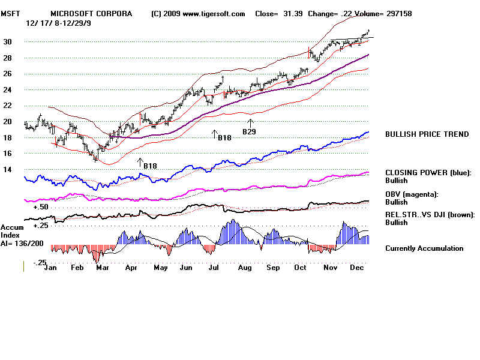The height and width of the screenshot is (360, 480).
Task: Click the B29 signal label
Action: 249,131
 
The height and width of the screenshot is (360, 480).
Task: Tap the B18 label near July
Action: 224,138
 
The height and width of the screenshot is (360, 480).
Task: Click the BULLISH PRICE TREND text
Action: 427,134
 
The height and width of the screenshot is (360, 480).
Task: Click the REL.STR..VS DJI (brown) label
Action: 430,214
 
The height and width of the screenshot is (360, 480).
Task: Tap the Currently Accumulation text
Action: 424,248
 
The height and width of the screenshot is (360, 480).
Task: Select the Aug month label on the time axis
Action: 245,268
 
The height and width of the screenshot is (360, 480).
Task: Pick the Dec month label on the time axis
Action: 357,268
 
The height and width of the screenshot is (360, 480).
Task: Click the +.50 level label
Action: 41,206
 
